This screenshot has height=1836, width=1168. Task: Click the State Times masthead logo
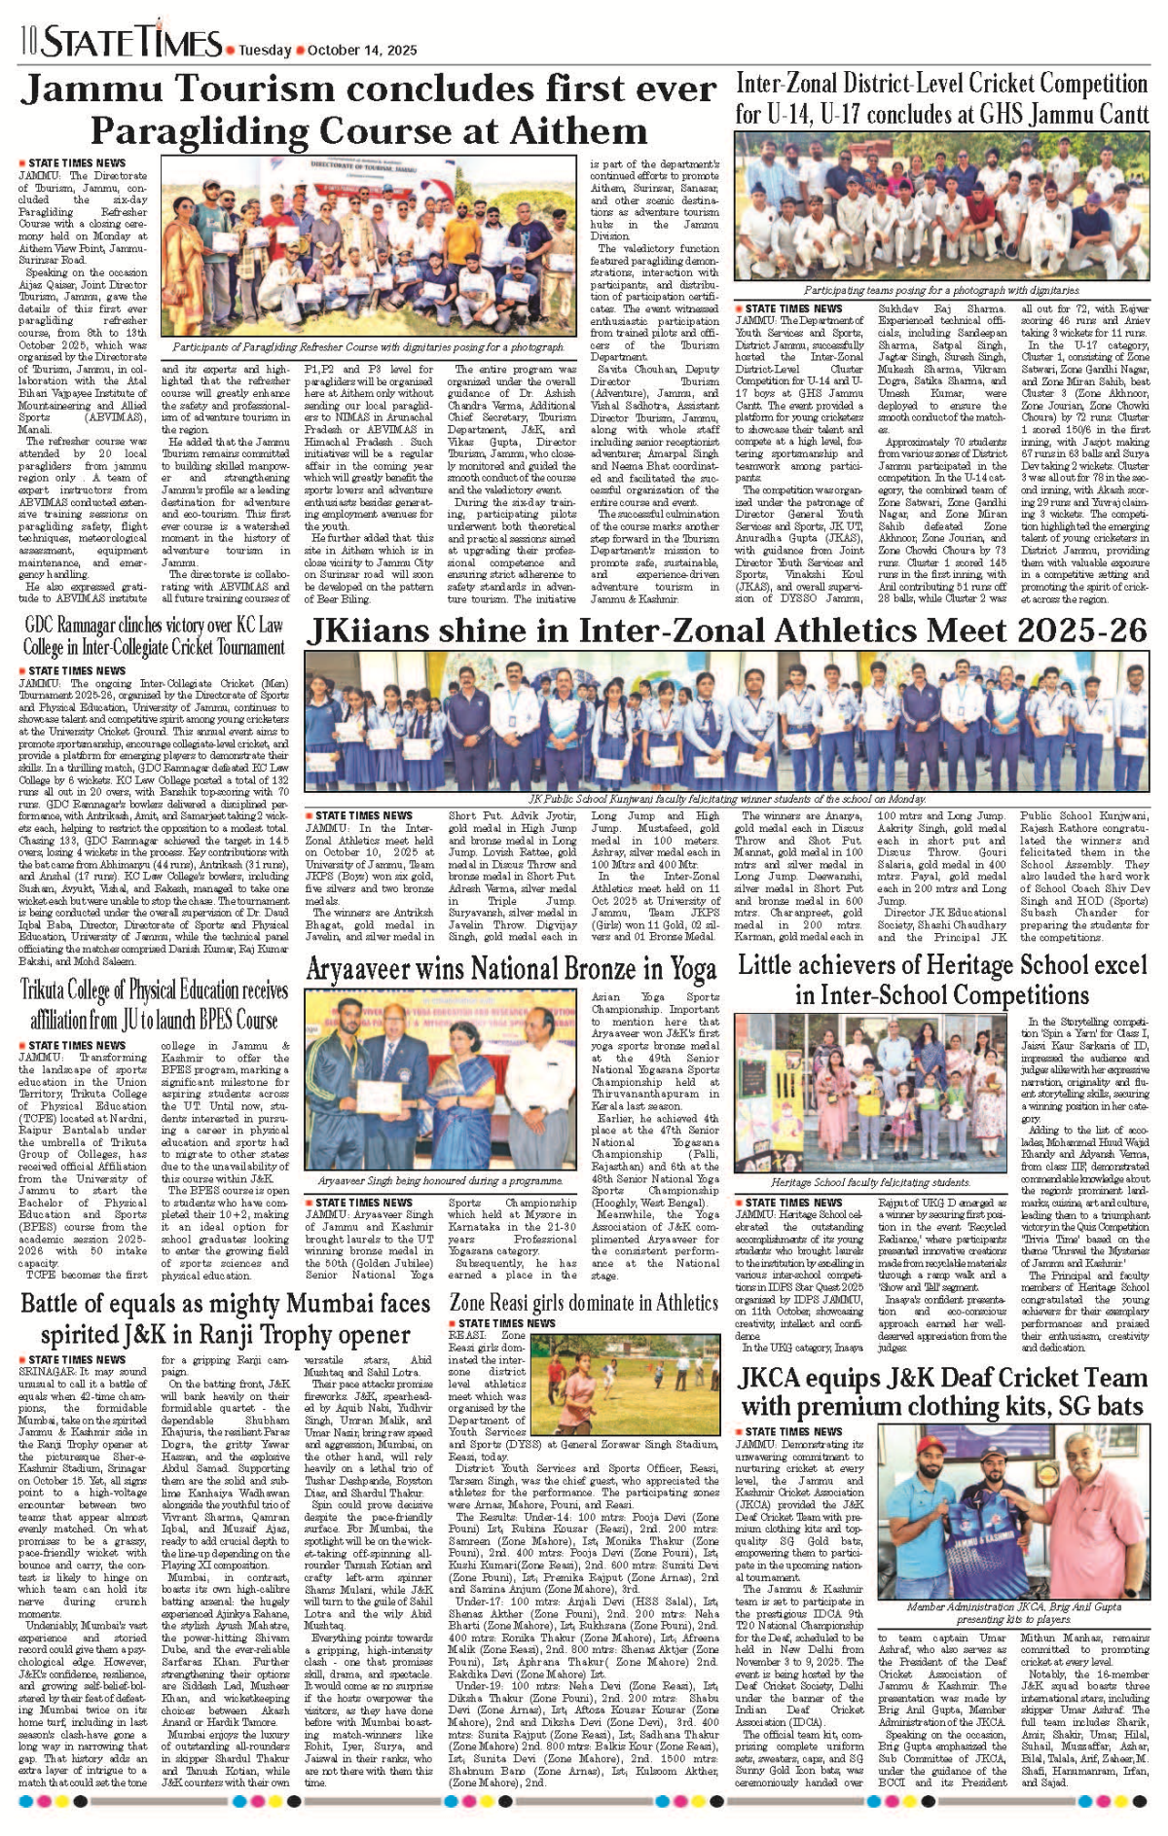click(x=131, y=42)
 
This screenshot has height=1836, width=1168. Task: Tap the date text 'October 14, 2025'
click(x=362, y=51)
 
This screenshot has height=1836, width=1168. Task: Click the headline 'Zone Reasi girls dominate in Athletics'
click(x=584, y=1302)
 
